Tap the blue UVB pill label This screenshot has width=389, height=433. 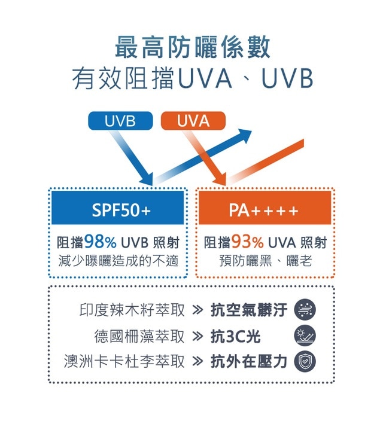pyautogui.click(x=120, y=121)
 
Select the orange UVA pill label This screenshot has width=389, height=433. pyautogui.click(x=193, y=121)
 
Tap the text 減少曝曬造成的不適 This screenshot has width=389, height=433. pyautogui.click(x=118, y=261)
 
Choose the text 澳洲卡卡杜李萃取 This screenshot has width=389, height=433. pyautogui.click(x=124, y=361)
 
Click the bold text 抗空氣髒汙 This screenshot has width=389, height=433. pyautogui.click(x=249, y=310)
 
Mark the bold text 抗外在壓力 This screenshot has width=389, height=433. pyautogui.click(x=249, y=361)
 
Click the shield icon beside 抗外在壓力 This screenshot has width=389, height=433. pyautogui.click(x=305, y=361)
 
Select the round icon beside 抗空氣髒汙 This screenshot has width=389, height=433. pyautogui.click(x=305, y=310)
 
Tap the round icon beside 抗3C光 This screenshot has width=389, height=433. pyautogui.click(x=305, y=336)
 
